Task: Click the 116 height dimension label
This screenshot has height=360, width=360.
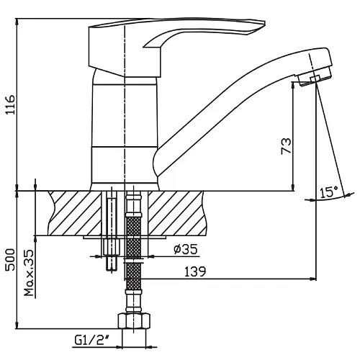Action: tap(10, 104)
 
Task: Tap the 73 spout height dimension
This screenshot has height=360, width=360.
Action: tap(286, 146)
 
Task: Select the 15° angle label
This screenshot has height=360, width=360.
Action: tap(329, 192)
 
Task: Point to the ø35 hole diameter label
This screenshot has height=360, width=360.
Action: tap(186, 249)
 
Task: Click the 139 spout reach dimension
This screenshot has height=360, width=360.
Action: tap(195, 271)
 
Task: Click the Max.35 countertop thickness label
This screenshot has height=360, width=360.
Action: tap(30, 273)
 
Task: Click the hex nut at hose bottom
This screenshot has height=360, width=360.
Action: tap(134, 321)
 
